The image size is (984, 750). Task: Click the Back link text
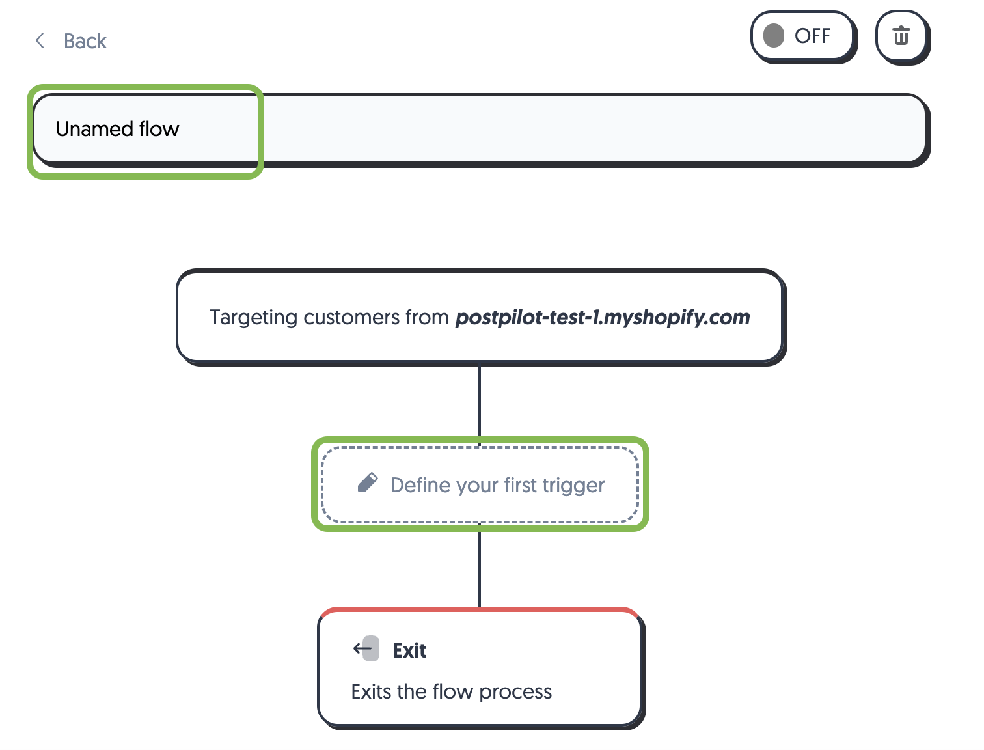(85, 41)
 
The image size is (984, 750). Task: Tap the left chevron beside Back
(40, 41)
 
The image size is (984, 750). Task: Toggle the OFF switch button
(802, 36)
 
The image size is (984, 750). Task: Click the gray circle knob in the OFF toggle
(774, 36)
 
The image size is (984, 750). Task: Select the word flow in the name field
(159, 129)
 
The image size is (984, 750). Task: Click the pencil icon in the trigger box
(368, 483)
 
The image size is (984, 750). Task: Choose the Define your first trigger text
(497, 485)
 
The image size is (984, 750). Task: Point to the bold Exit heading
(409, 650)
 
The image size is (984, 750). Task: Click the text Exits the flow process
(451, 691)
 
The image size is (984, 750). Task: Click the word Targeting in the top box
(253, 318)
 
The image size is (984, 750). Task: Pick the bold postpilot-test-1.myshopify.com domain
(602, 317)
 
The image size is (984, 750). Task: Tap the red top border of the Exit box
(480, 610)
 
